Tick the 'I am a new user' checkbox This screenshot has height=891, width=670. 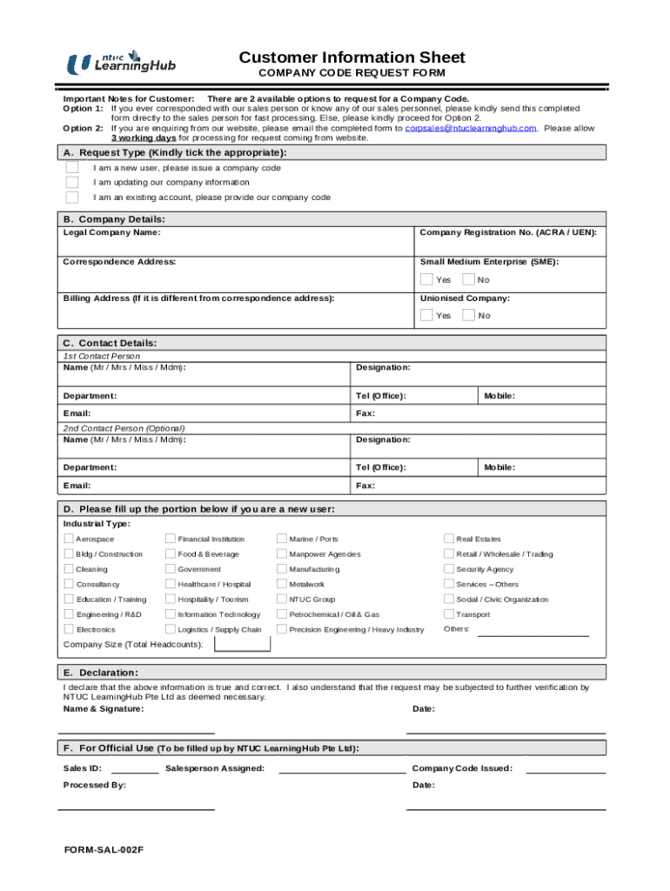72,168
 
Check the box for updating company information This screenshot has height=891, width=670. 72,183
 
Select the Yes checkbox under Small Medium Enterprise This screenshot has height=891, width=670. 426,279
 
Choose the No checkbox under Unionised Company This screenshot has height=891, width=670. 469,315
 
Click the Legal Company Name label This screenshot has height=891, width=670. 111,232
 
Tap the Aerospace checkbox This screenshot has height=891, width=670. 69,539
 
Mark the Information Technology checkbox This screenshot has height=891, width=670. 171,614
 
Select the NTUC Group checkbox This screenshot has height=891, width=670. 282,600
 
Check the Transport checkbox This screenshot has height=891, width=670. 449,614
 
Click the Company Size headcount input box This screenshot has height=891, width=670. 243,644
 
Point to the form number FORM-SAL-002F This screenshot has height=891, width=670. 104,848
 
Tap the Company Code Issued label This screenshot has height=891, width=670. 461,768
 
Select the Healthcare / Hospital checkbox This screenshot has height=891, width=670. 171,585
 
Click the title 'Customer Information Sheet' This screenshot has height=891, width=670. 352,57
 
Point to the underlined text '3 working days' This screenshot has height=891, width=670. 144,137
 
